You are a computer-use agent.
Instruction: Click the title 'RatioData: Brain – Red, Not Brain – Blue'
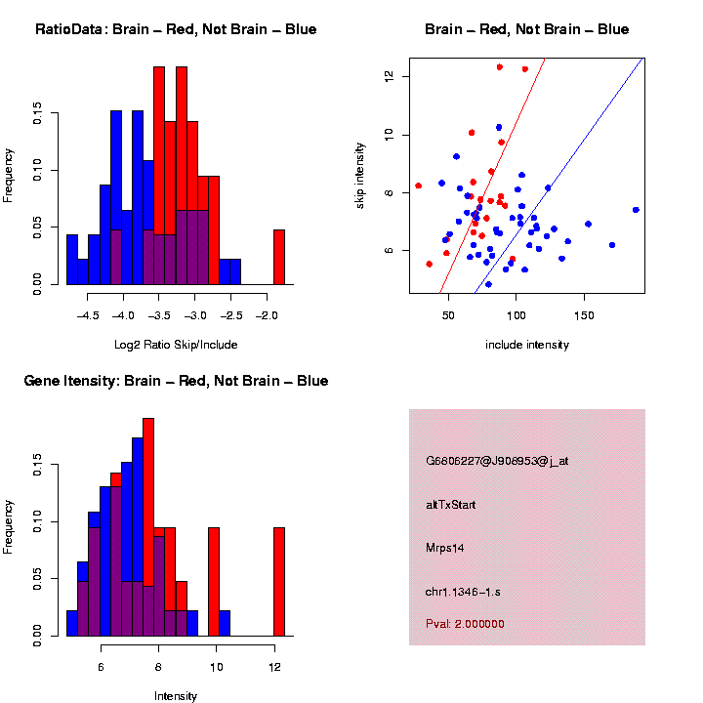click(176, 29)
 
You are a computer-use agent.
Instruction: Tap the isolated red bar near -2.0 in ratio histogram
click(278, 258)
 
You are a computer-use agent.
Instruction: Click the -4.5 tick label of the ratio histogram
click(87, 316)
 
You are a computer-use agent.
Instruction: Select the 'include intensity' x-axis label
click(526, 345)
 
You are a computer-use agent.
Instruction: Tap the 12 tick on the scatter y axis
click(389, 76)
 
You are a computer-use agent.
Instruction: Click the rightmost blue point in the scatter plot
click(636, 209)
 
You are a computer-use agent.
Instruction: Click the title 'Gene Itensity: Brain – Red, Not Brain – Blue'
click(176, 381)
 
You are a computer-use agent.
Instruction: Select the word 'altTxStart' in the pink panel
click(450, 505)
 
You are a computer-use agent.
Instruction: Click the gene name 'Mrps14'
click(444, 548)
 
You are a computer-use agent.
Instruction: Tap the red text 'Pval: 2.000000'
click(465, 623)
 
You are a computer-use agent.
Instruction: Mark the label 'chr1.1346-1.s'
click(463, 592)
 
